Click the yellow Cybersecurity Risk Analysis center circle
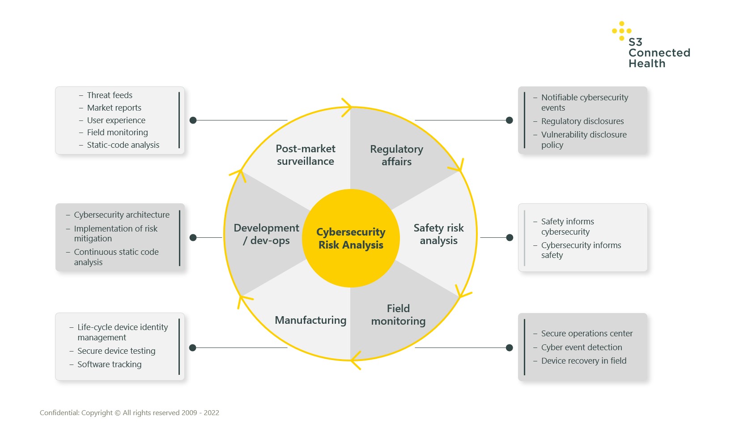click(351, 238)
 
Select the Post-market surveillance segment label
click(306, 155)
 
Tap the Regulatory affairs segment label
click(396, 155)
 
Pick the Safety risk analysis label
click(438, 234)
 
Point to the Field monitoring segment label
click(398, 315)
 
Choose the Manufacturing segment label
click(310, 320)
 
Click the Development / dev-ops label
click(267, 234)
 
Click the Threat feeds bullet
click(110, 95)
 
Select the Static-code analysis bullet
click(123, 145)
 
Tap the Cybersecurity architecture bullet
click(122, 215)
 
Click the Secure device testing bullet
click(116, 351)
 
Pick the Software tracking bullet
click(109, 364)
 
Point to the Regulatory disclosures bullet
click(582, 121)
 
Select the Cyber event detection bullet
click(582, 347)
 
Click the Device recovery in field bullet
click(583, 360)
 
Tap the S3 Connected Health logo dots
click(621, 31)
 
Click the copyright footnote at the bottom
click(129, 412)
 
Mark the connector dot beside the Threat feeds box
click(193, 120)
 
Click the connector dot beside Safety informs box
click(510, 237)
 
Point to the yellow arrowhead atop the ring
click(348, 107)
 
